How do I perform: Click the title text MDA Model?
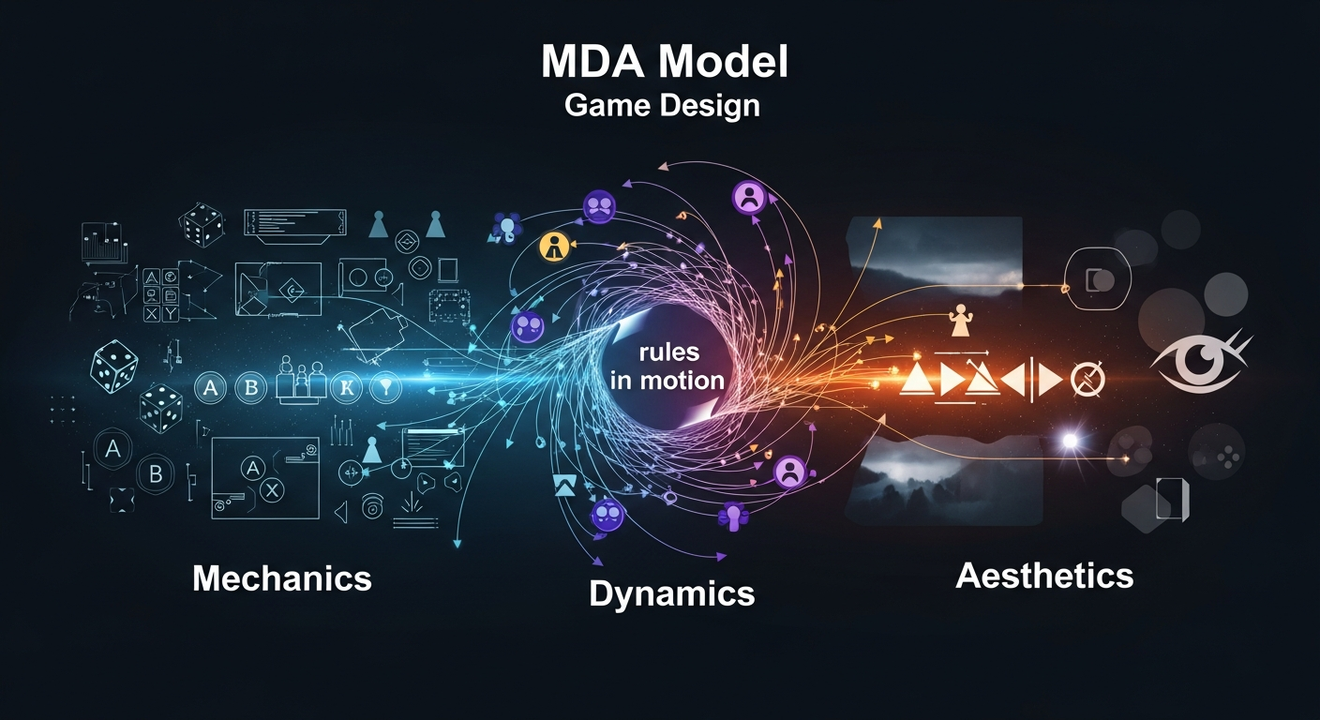(665, 62)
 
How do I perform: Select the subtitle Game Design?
(662, 105)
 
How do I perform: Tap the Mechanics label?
(282, 578)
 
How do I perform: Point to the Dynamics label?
(671, 592)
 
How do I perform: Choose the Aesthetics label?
(1044, 575)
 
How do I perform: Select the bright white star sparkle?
(1070, 441)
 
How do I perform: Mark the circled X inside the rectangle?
(272, 488)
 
